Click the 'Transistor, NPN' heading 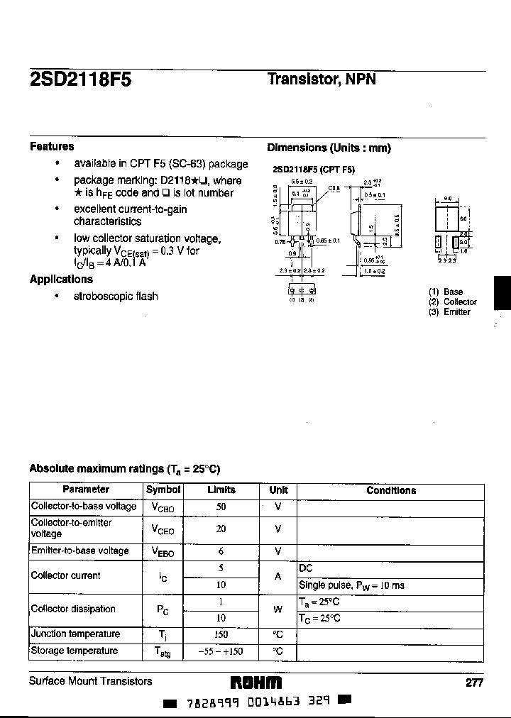(321, 79)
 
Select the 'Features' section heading (52, 147)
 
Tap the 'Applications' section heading (61, 280)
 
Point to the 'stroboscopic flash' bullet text (116, 297)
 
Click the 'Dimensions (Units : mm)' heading (329, 148)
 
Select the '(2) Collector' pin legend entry (453, 302)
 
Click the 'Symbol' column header (163, 490)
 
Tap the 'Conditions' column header (391, 490)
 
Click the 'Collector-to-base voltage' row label (84, 507)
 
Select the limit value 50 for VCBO (221, 507)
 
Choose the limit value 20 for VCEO (221, 529)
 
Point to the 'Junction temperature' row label (75, 634)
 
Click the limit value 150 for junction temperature (221, 634)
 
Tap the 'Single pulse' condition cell (351, 585)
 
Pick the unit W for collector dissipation (278, 609)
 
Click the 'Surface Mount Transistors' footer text (90, 681)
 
